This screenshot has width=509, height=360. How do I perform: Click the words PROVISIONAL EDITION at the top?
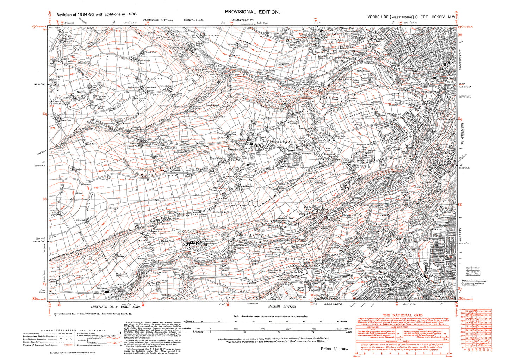pos(253,12)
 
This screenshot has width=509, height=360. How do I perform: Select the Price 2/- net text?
pos(334,348)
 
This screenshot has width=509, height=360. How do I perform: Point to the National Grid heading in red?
pos(402,315)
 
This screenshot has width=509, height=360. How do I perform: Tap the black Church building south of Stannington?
pos(251,164)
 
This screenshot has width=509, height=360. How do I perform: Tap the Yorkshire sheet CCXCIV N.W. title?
pos(411,17)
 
